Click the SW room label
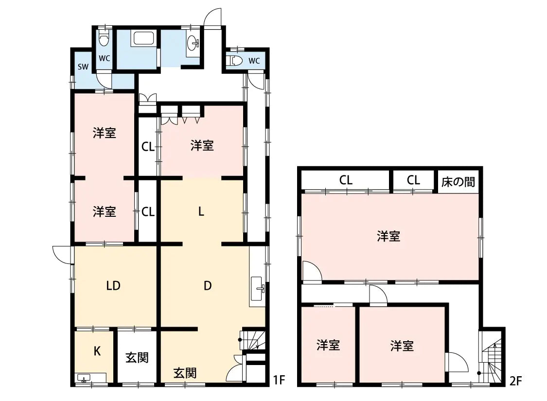click(x=83, y=67)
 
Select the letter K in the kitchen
click(x=97, y=351)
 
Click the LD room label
click(x=113, y=286)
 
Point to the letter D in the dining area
click(x=208, y=286)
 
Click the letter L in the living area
click(x=201, y=212)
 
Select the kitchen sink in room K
click(x=84, y=378)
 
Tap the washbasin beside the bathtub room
click(x=194, y=43)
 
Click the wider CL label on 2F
click(x=346, y=180)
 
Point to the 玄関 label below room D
click(x=185, y=373)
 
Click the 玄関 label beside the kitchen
click(x=137, y=358)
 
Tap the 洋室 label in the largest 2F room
click(x=388, y=237)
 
